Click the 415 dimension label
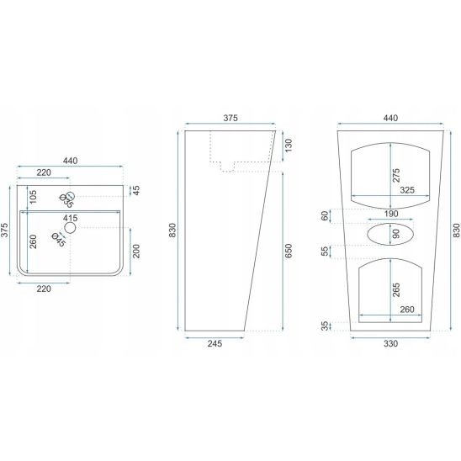[x=71, y=218]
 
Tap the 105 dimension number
[x=33, y=197]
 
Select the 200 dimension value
[x=136, y=251]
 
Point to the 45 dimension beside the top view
[x=136, y=190]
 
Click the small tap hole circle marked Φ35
[x=71, y=195]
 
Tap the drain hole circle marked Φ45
[x=71, y=228]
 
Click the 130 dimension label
[x=289, y=146]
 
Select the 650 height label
[x=289, y=251]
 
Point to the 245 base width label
[x=215, y=343]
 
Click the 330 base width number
[x=390, y=343]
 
